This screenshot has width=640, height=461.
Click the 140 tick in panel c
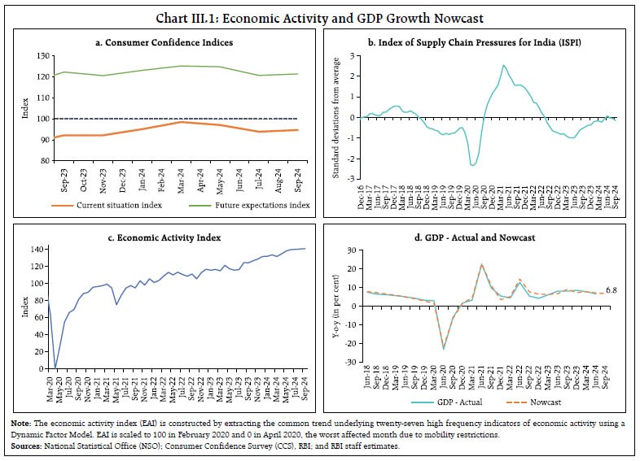click(39, 250)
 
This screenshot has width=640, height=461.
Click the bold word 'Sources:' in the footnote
click(23, 446)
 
